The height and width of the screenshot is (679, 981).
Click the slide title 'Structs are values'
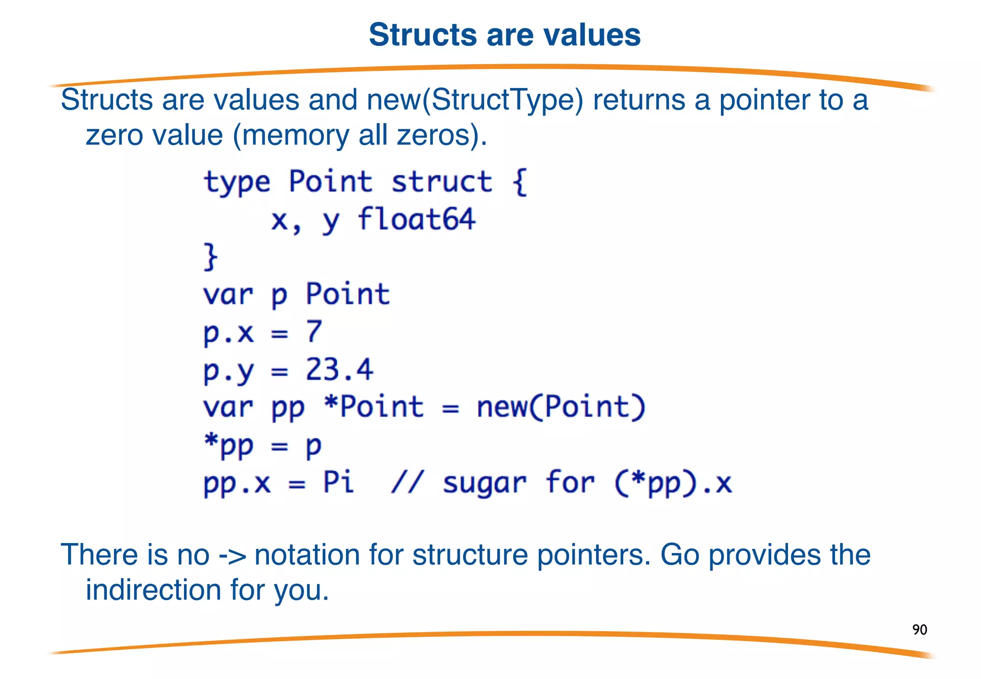[504, 35]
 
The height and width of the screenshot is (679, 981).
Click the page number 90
[919, 629]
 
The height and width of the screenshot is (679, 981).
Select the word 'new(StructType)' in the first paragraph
[475, 100]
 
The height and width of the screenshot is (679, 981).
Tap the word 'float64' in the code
[416, 220]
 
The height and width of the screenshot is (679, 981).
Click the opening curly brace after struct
[520, 182]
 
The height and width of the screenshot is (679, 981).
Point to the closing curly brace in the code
[210, 257]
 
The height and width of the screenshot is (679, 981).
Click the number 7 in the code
[314, 331]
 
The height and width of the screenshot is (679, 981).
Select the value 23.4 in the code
[339, 370]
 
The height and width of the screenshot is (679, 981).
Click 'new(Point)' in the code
[561, 407]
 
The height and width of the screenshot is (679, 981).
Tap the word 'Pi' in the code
[338, 482]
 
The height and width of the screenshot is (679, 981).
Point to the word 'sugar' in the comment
[484, 483]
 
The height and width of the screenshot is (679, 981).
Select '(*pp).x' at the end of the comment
[673, 483]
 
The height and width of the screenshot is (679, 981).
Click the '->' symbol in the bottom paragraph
[232, 555]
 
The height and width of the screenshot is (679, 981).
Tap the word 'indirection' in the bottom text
[153, 590]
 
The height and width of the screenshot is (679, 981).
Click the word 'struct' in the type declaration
[441, 182]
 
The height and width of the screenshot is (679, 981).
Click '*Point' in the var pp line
[374, 407]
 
